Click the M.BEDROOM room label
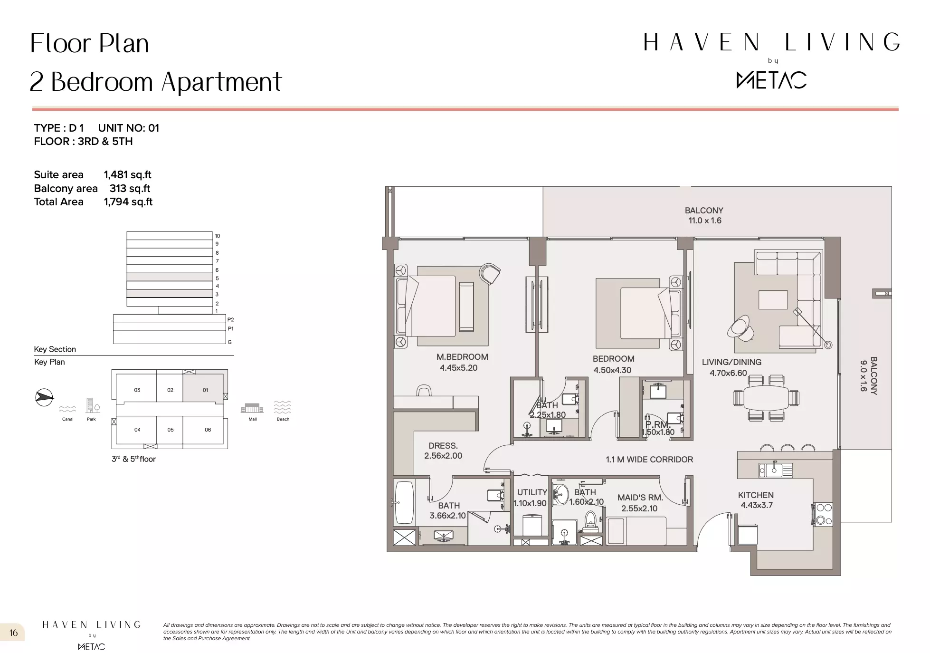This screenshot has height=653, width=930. (462, 357)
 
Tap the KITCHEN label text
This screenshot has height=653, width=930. (756, 495)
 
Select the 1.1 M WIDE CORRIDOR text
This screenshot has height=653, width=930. (649, 460)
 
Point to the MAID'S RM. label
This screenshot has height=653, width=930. (640, 498)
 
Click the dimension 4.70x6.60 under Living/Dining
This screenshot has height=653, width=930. (728, 373)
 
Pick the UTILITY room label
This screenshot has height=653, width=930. (532, 492)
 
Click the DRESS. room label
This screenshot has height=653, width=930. (443, 446)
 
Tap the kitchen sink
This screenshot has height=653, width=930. (776, 470)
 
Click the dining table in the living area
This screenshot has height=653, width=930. (766, 398)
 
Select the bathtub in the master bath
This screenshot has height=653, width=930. (404, 502)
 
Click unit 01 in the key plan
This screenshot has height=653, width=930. (205, 390)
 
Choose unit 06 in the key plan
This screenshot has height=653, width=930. (208, 430)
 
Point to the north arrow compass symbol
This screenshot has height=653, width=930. (44, 397)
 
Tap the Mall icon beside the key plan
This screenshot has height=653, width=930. (252, 408)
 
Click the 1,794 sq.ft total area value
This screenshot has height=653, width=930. (128, 202)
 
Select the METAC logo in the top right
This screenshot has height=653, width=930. (771, 80)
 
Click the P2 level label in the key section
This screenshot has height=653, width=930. (230, 320)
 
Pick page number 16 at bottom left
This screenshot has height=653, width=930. (13, 633)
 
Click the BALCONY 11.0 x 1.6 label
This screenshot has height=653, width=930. (704, 215)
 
